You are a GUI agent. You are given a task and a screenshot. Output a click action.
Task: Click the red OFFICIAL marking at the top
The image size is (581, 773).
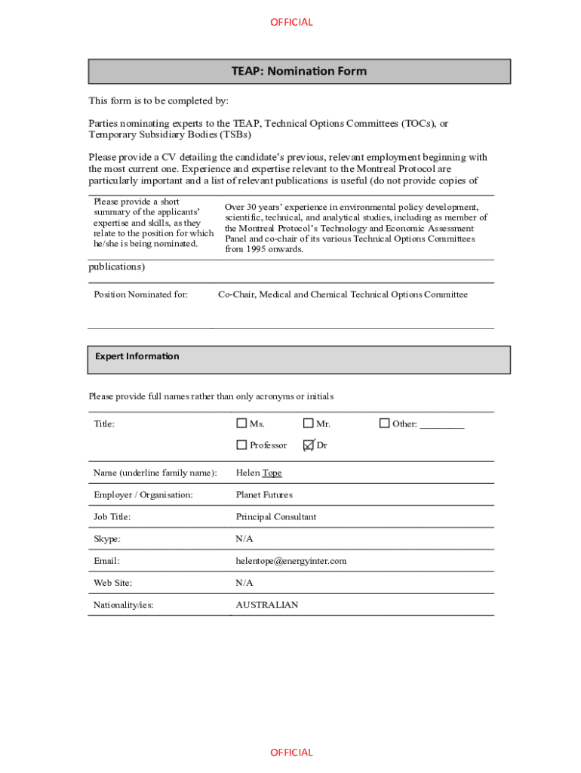point(291,22)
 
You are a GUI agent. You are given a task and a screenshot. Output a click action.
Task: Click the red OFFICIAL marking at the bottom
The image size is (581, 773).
point(291,752)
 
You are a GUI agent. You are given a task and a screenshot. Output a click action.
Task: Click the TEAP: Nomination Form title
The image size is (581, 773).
point(299,71)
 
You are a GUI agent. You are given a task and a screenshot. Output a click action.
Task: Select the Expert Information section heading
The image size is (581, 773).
point(137,356)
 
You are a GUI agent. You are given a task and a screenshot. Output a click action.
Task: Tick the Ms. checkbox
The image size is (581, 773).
point(241,423)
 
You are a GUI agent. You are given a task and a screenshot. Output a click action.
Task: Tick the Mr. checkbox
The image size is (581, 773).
point(308,423)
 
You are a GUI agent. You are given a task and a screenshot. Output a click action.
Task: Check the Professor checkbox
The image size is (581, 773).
point(241,445)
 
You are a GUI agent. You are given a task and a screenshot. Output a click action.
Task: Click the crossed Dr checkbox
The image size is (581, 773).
point(308,445)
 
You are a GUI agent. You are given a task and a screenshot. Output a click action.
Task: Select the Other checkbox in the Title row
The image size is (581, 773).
point(384,423)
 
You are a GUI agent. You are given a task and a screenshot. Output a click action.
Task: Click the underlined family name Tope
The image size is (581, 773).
point(272,473)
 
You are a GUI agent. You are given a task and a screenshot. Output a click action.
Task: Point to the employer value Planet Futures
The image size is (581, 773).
point(264,495)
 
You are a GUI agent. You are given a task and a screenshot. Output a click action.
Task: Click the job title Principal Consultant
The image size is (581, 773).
point(276,517)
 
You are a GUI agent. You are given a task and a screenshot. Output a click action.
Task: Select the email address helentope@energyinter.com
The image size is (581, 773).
point(291,561)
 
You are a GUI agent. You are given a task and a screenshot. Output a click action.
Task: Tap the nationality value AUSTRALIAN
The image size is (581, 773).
point(267,605)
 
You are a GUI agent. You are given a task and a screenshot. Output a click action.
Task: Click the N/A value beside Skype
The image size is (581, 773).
point(244,539)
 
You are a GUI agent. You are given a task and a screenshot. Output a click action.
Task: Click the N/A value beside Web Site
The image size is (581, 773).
point(244,583)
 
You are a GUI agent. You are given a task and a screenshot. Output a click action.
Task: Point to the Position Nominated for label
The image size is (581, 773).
point(140,294)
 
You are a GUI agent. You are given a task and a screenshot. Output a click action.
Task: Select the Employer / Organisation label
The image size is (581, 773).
point(143,495)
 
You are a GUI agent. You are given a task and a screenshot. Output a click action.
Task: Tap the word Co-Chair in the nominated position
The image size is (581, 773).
point(236,294)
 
